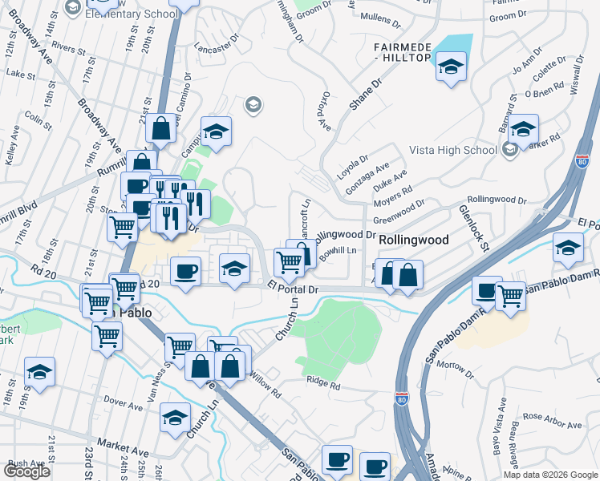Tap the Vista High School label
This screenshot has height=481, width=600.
pyautogui.click(x=452, y=150)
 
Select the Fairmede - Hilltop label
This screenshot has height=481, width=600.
pyautogui.click(x=403, y=53)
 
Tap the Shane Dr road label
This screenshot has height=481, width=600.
pyautogui.click(x=364, y=95)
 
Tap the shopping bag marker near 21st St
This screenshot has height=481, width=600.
pyautogui.click(x=161, y=128)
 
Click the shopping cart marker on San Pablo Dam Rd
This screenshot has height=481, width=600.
pyautogui.click(x=510, y=296)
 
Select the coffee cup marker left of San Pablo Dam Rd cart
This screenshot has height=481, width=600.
pyautogui.click(x=486, y=290)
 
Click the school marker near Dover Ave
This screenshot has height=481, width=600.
pyautogui.click(x=174, y=418)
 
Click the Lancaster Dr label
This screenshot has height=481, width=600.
pyautogui.click(x=217, y=44)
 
